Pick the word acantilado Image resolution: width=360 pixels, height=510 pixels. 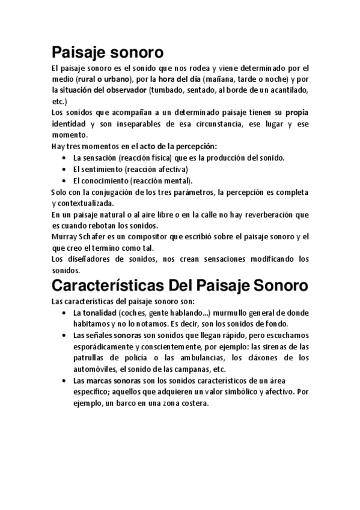pyautogui.click(x=283, y=90)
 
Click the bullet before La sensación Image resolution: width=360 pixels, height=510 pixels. pyautogui.click(x=64, y=158)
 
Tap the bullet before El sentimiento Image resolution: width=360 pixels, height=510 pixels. pyautogui.click(x=64, y=168)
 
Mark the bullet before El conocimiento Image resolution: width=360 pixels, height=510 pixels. pyautogui.click(x=64, y=180)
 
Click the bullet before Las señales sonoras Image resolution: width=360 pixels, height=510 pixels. pyautogui.click(x=64, y=335)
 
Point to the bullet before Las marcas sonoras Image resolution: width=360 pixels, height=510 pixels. pyautogui.click(x=64, y=381)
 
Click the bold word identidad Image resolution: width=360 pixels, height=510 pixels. pyautogui.click(x=69, y=123)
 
